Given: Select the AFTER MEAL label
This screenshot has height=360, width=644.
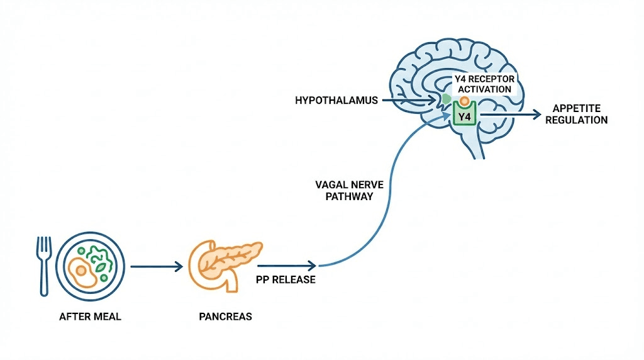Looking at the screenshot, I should click(x=90, y=317).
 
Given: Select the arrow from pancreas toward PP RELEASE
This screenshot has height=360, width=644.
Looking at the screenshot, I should click(x=286, y=267).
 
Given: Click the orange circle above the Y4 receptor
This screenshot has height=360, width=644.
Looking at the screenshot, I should click(x=464, y=101).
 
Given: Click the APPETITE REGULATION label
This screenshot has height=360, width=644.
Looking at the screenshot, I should click(x=577, y=115).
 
